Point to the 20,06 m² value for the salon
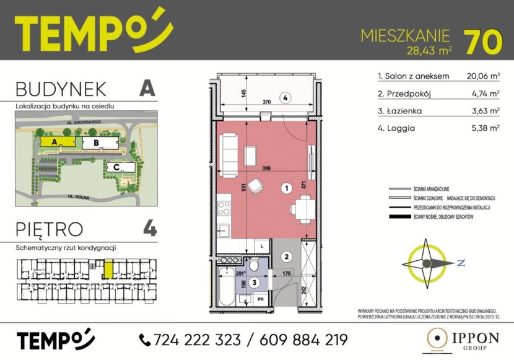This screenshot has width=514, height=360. (x=483, y=76)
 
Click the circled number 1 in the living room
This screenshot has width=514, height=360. (x=286, y=187)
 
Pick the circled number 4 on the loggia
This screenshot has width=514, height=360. (x=285, y=97)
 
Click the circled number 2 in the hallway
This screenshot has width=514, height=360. (x=286, y=256)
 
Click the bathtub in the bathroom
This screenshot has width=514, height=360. (x=226, y=287)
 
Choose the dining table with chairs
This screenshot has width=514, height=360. (x=303, y=208)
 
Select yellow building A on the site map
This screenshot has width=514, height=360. (x=56, y=142)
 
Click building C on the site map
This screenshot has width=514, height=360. (x=116, y=167)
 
